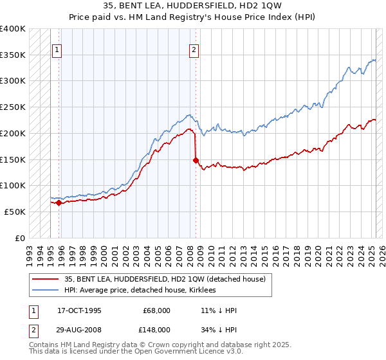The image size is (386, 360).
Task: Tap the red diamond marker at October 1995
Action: point(59,203)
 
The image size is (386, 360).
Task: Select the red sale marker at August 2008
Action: point(196,161)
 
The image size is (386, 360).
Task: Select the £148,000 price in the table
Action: point(156,330)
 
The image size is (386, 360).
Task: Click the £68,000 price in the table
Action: point(156,310)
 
